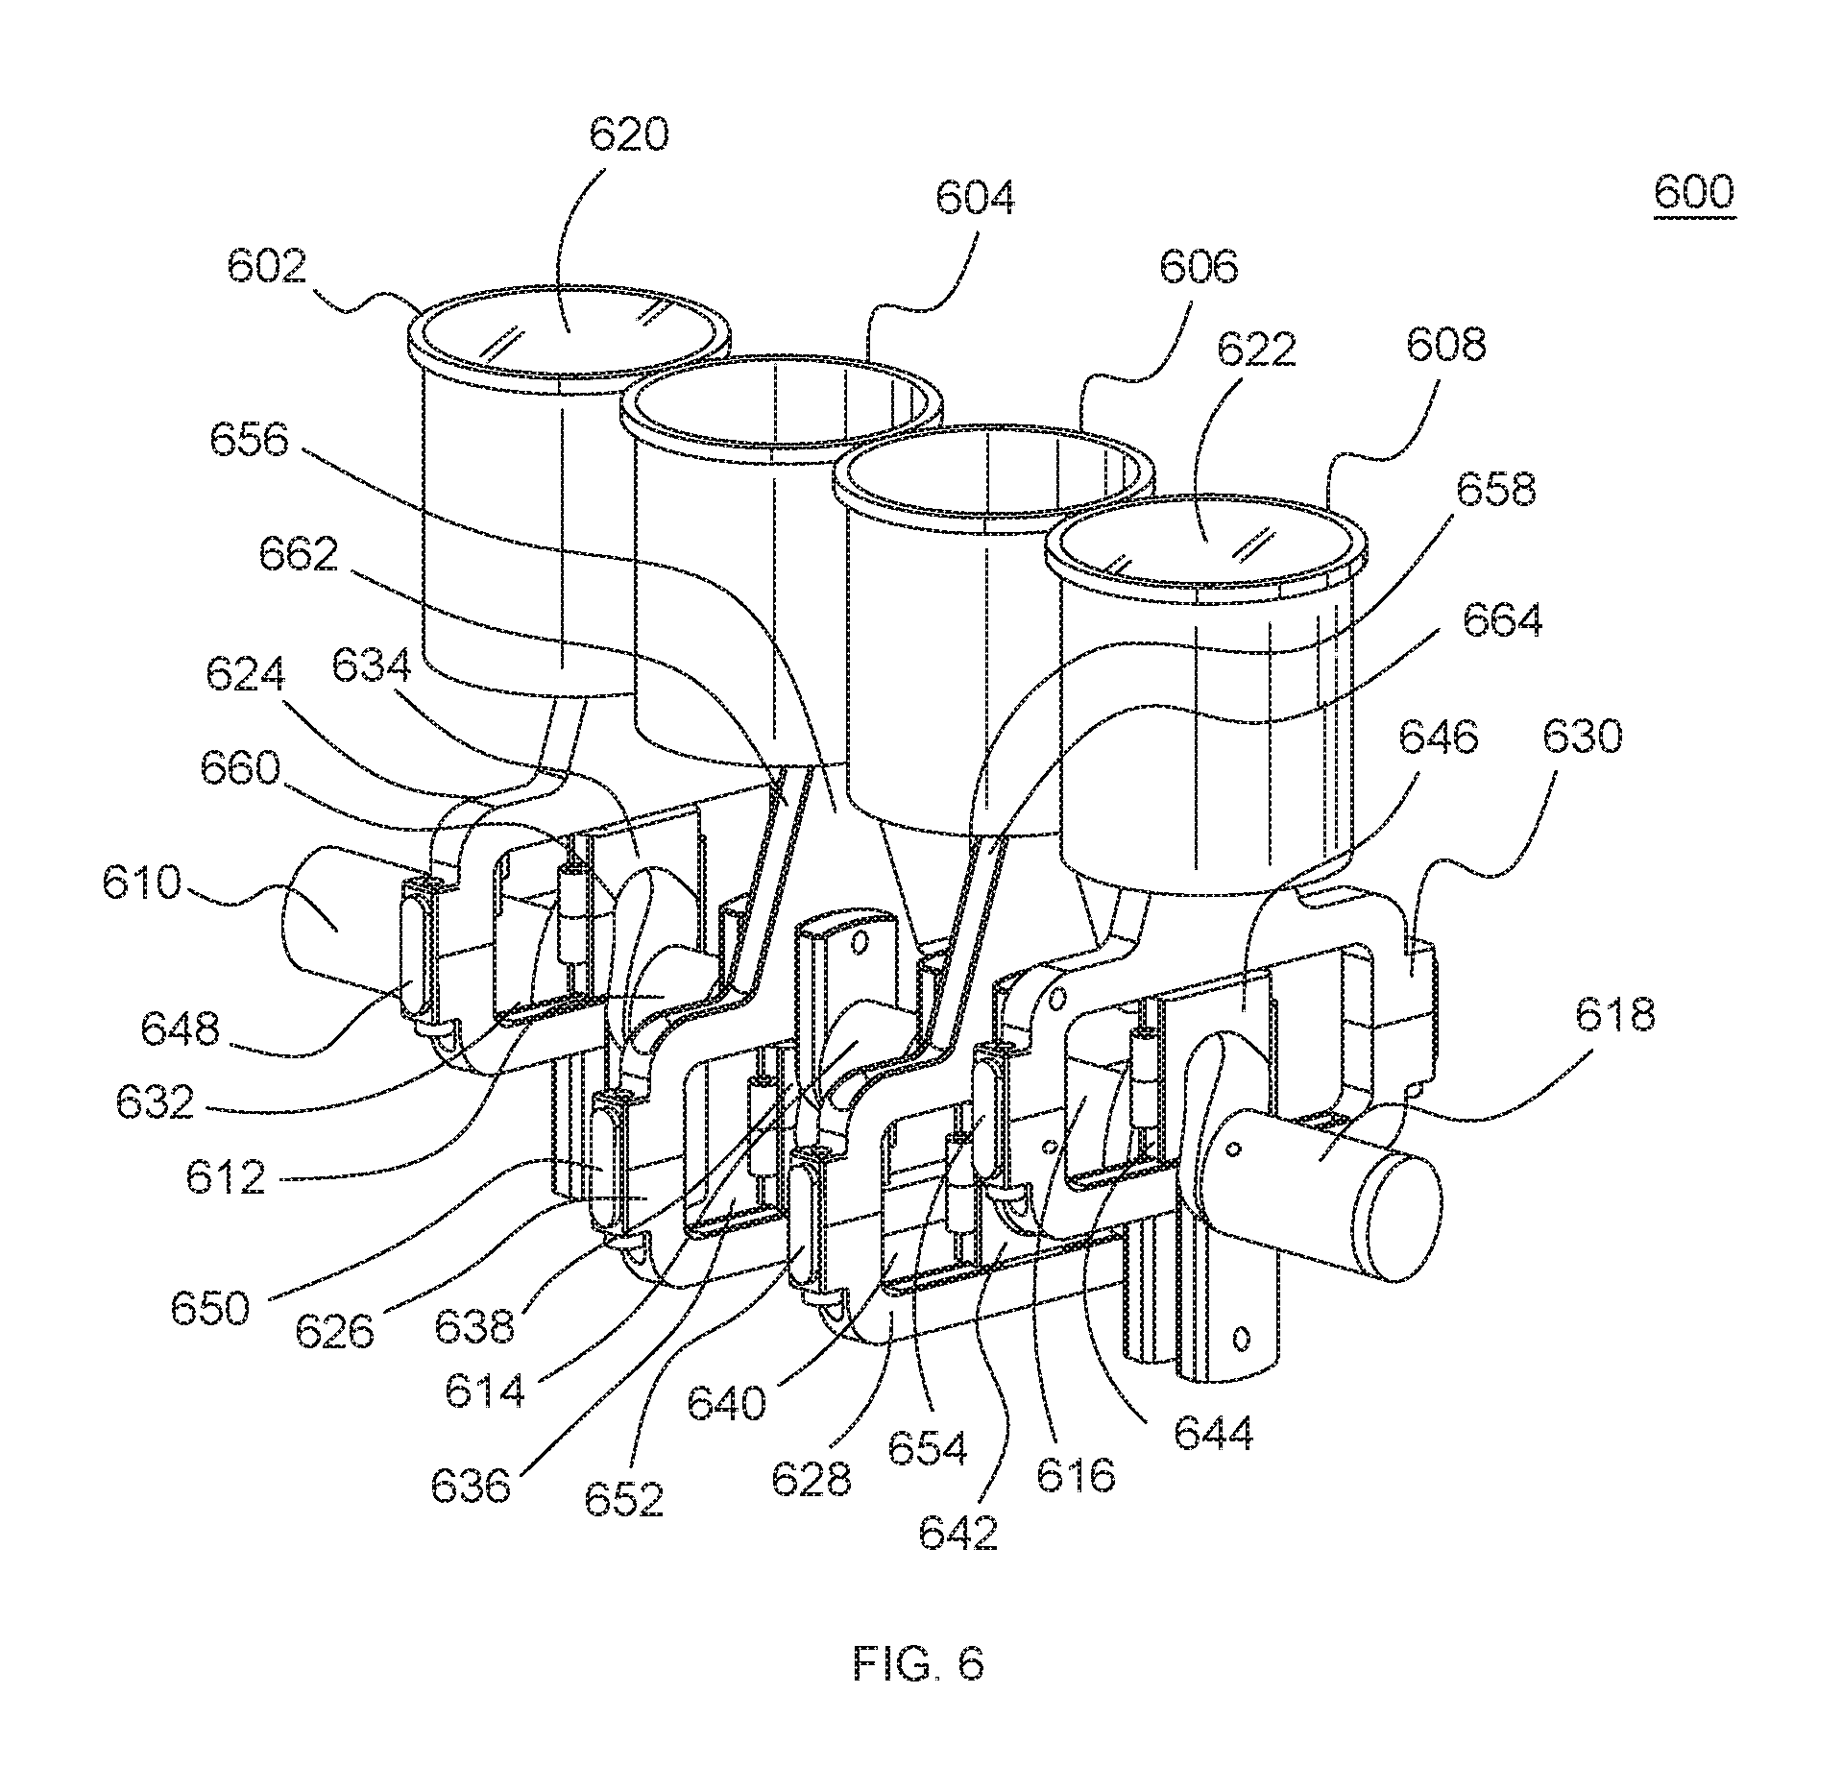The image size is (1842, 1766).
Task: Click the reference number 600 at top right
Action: click(x=1693, y=192)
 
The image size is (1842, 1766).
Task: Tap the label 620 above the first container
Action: click(x=628, y=135)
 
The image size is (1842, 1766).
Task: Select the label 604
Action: click(x=974, y=199)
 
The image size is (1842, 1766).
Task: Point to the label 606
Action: click(x=1199, y=267)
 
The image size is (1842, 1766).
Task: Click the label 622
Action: click(x=1257, y=351)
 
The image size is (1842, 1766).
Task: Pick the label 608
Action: click(x=1446, y=344)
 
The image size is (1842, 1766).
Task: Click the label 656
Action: click(x=250, y=441)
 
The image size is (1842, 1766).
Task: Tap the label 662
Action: click(x=299, y=554)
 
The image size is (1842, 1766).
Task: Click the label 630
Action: click(x=1583, y=738)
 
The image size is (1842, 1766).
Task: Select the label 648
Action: click(x=181, y=1029)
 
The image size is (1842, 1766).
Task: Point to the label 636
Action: click(x=471, y=1487)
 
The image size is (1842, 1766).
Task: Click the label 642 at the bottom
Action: click(x=958, y=1533)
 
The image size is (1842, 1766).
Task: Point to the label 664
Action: click(x=1502, y=620)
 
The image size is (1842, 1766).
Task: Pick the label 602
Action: click(x=266, y=267)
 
